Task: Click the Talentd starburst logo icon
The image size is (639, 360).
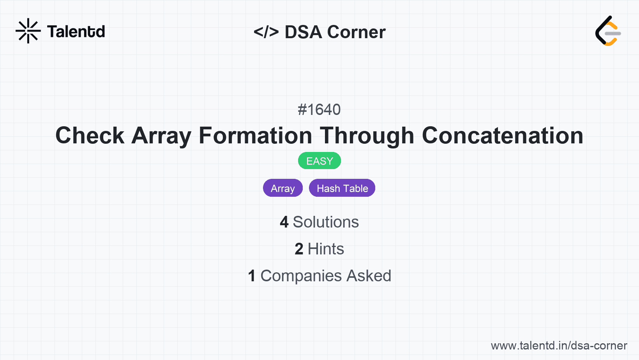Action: click(28, 31)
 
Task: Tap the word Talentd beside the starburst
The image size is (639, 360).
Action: click(76, 32)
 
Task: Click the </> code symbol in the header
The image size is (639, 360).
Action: click(266, 32)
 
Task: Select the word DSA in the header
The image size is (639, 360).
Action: click(303, 32)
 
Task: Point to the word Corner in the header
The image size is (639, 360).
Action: click(356, 32)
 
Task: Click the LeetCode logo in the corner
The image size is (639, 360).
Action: click(608, 31)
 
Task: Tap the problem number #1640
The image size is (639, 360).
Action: click(319, 110)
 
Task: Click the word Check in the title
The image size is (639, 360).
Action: click(90, 136)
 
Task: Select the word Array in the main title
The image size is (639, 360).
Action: click(161, 136)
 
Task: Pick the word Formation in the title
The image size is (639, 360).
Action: click(255, 136)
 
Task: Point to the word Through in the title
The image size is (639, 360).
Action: click(367, 136)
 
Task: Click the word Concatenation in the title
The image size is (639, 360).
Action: click(503, 136)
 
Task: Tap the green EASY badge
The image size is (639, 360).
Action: click(319, 161)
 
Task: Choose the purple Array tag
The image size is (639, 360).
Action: click(283, 188)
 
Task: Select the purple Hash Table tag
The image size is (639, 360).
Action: click(342, 188)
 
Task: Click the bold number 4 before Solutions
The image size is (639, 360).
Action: click(284, 222)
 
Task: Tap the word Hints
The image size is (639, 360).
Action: click(326, 249)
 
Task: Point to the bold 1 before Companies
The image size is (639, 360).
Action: click(252, 276)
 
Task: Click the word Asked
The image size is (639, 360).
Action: click(369, 276)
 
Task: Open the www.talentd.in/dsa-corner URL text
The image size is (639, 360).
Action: click(559, 346)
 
